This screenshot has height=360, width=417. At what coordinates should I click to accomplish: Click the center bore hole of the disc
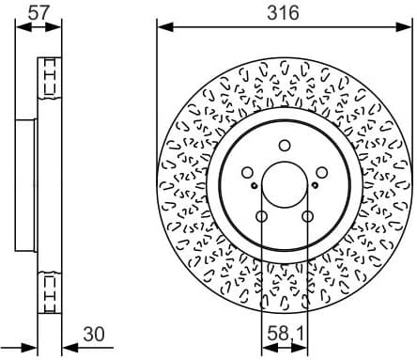[x=284, y=186]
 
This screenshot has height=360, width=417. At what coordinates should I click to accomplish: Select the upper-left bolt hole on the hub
[x=246, y=174]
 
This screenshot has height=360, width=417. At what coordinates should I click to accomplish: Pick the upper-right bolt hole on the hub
[x=321, y=174]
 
